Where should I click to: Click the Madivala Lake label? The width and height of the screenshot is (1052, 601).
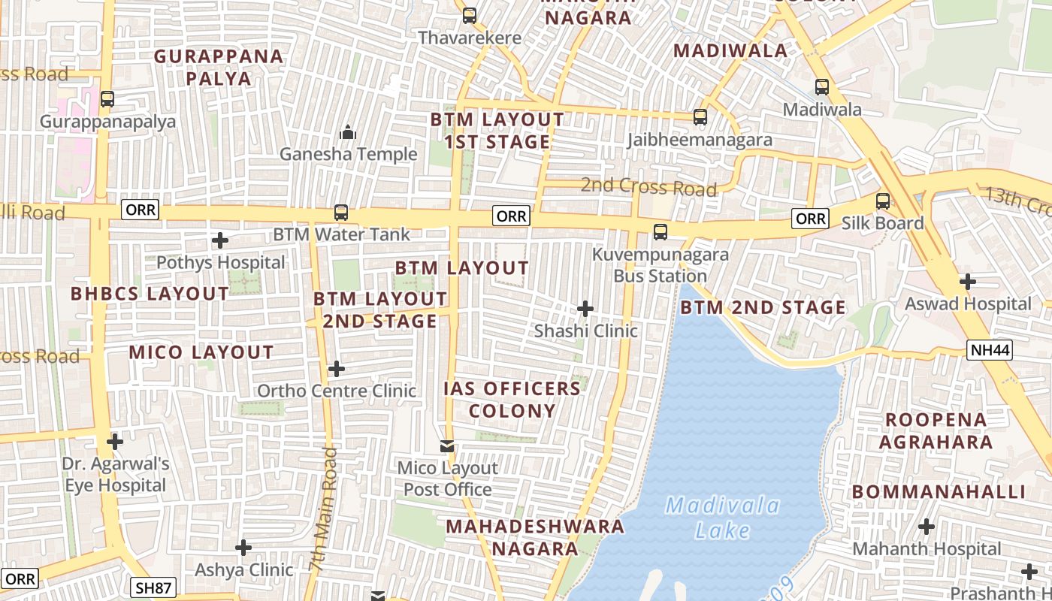721,518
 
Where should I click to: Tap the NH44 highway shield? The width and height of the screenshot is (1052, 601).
989,349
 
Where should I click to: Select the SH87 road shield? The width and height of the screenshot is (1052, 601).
154,587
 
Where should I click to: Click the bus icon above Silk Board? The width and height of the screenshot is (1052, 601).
883,201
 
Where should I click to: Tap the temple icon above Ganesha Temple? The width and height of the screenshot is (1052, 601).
348,133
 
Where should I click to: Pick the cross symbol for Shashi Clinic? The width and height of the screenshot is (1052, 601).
585,309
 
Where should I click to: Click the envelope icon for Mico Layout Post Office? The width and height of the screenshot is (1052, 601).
448,446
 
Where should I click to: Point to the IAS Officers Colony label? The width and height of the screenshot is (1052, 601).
512,400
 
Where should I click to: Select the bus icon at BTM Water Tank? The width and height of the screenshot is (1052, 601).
341,213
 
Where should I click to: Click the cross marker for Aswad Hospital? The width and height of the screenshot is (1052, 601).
968,282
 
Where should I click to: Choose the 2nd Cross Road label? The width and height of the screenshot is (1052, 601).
648,186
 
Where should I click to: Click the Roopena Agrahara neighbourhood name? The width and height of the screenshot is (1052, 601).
936,430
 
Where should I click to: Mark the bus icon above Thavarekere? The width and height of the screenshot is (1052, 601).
470,15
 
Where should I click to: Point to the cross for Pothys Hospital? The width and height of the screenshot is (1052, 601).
220,240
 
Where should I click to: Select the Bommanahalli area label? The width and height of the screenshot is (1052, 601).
939,492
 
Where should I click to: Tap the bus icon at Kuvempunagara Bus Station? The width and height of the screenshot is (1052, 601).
661,232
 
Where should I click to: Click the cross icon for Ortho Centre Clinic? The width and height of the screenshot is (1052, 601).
337,369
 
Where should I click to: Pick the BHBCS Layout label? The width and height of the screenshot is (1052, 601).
150,294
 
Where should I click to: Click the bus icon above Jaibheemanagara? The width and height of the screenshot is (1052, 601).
700,117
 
